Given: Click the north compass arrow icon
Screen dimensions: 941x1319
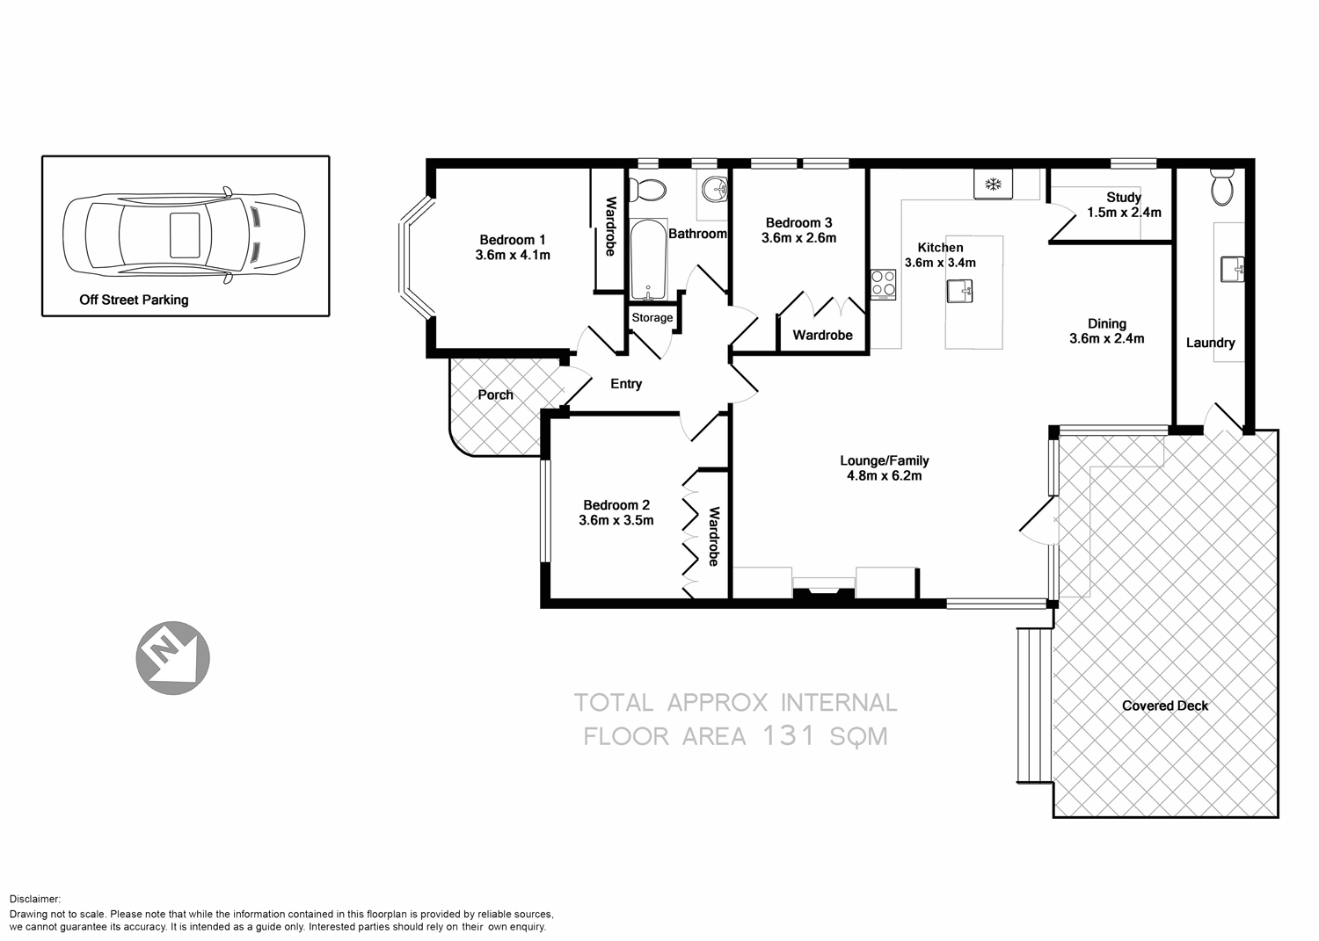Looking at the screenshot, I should pyautogui.click(x=172, y=656).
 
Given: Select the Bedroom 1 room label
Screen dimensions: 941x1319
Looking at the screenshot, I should pyautogui.click(x=512, y=240).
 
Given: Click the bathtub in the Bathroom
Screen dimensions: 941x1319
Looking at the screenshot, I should pyautogui.click(x=648, y=259).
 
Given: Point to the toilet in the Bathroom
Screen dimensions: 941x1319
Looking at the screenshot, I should pyautogui.click(x=652, y=188).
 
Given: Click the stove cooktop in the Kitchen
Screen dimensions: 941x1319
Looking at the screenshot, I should pyautogui.click(x=883, y=284).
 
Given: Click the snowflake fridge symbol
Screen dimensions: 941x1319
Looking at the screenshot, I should pyautogui.click(x=994, y=185).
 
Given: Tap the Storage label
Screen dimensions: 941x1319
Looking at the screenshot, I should pyautogui.click(x=652, y=317).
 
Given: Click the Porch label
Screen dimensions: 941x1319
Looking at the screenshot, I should pyautogui.click(x=495, y=394).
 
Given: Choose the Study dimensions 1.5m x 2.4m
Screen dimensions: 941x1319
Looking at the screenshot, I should pyautogui.click(x=1124, y=213).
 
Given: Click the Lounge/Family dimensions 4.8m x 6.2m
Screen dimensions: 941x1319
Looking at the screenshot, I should pyautogui.click(x=884, y=476).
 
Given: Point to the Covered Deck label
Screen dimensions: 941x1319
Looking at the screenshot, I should pyautogui.click(x=1165, y=706).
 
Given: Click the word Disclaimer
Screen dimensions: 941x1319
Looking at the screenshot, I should pyautogui.click(x=34, y=899).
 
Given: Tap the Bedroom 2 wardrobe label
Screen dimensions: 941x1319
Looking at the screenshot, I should pyautogui.click(x=714, y=536).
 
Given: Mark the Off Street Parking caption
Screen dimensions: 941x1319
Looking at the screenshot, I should pyautogui.click(x=134, y=300).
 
